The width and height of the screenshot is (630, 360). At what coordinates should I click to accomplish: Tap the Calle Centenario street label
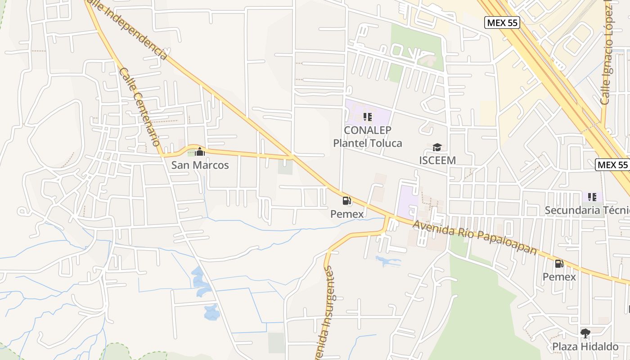pyautogui.click(x=140, y=107)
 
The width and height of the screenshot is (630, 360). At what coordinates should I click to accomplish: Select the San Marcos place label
pyautogui.click(x=200, y=165)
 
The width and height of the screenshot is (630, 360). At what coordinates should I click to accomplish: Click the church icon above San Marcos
pyautogui.click(x=200, y=152)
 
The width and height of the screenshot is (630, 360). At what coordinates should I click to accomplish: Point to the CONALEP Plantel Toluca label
pyautogui.click(x=367, y=136)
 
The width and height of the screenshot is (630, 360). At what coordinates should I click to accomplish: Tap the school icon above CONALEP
pyautogui.click(x=368, y=117)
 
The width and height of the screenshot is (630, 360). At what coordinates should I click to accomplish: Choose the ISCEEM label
pyautogui.click(x=437, y=160)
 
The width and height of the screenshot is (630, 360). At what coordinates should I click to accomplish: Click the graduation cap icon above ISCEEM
pyautogui.click(x=437, y=147)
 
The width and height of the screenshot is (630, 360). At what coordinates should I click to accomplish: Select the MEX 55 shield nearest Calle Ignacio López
pyautogui.click(x=502, y=22)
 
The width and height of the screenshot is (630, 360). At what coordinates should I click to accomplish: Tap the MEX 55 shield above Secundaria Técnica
pyautogui.click(x=612, y=165)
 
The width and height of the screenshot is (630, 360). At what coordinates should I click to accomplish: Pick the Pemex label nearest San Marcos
pyautogui.click(x=347, y=214)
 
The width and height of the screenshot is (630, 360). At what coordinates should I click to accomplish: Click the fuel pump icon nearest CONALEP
pyautogui.click(x=347, y=201)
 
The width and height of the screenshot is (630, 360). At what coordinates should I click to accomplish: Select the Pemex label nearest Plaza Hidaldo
pyautogui.click(x=559, y=277)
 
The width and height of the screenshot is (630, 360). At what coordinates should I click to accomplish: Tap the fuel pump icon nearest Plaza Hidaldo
pyautogui.click(x=559, y=264)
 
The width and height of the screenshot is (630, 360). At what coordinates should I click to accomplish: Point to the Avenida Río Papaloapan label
pyautogui.click(x=475, y=237)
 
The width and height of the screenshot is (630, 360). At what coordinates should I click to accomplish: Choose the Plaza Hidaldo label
pyautogui.click(x=585, y=346)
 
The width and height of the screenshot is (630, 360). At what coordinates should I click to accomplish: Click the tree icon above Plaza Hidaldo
pyautogui.click(x=585, y=333)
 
